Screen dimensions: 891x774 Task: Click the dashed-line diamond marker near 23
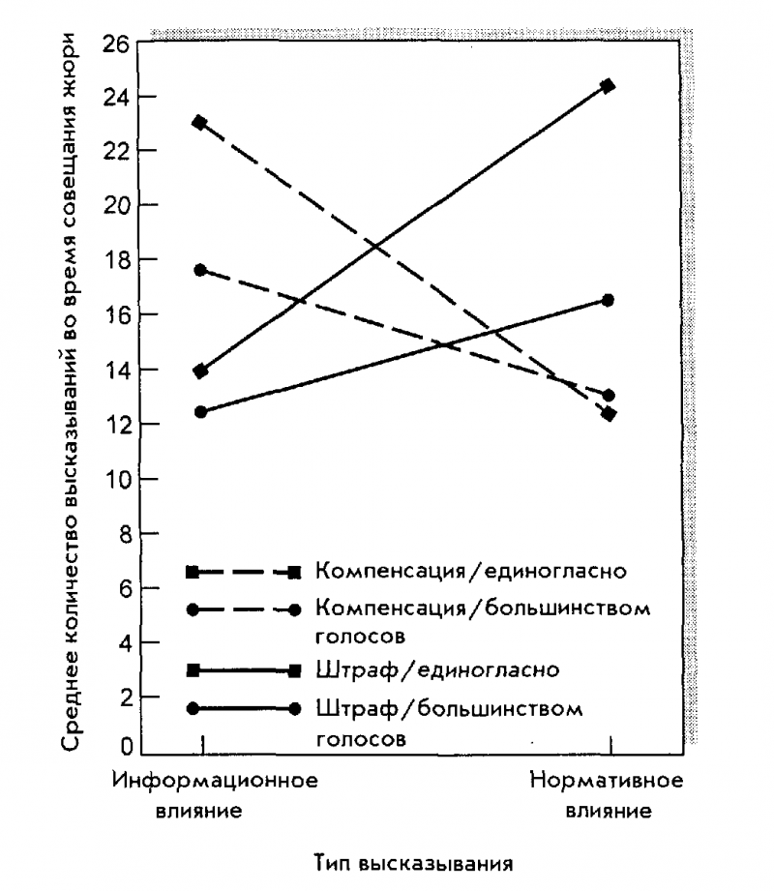(201, 123)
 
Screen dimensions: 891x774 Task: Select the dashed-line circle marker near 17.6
(201, 270)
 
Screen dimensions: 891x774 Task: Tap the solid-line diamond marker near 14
(201, 371)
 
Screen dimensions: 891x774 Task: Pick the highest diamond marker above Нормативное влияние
(609, 86)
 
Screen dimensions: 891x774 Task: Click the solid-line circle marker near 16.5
(609, 300)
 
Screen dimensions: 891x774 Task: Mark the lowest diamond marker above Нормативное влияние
(609, 414)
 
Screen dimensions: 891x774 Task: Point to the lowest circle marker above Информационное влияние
(201, 412)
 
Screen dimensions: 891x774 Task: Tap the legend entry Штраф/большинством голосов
(449, 721)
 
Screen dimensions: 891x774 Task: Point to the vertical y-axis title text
(72, 397)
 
